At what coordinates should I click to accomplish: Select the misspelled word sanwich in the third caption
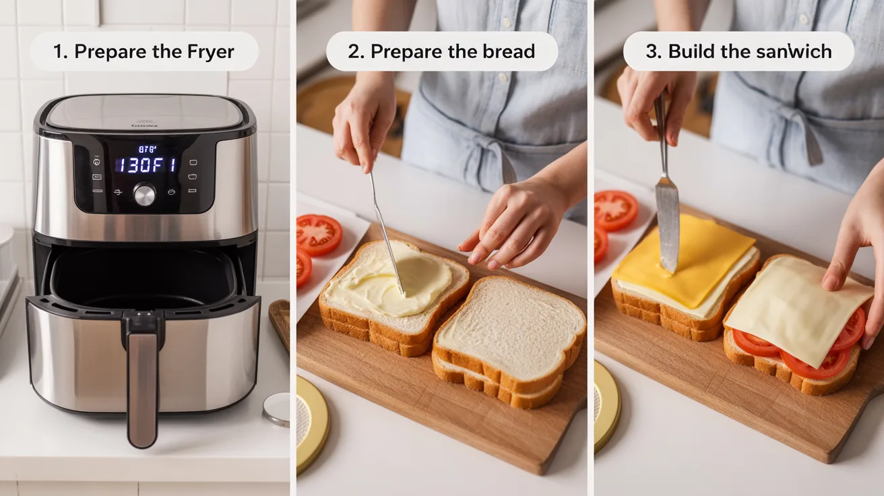tap(795, 52)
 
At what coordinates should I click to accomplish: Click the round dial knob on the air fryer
tap(144, 195)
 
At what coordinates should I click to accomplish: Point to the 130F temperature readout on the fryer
tap(144, 165)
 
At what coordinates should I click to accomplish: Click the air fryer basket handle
tap(142, 377)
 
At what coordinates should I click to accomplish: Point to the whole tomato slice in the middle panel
tap(319, 235)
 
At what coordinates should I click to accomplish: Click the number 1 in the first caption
tap(59, 52)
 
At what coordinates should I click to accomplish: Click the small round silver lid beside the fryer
tap(276, 408)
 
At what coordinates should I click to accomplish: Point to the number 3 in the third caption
tap(652, 52)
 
